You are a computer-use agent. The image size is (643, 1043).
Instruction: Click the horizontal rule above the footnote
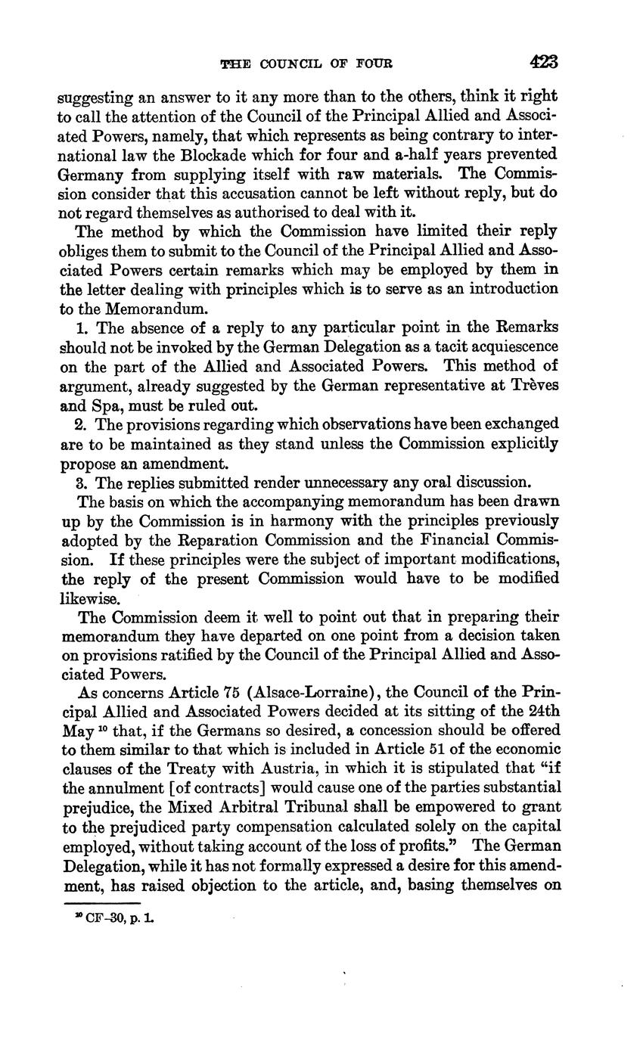point(102,902)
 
